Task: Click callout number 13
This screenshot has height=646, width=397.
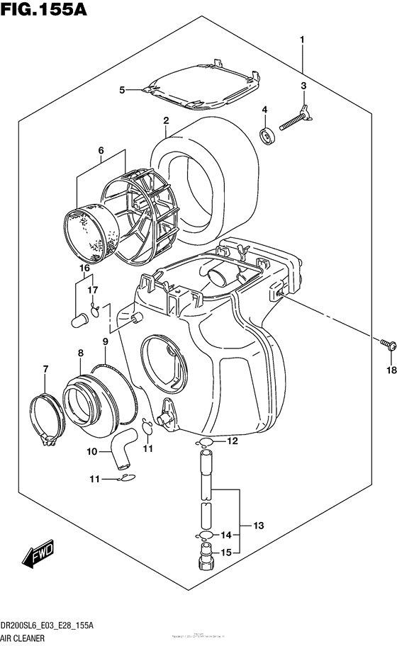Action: tap(259, 525)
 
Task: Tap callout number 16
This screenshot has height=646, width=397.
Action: tap(84, 268)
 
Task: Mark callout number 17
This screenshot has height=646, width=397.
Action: tap(93, 290)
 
